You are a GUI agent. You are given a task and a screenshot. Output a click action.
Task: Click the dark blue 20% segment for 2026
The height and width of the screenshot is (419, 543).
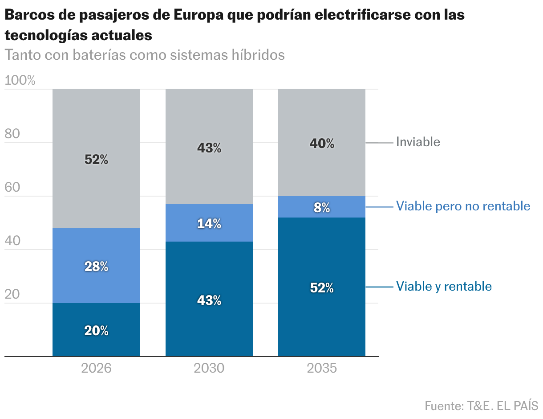pos(96,330)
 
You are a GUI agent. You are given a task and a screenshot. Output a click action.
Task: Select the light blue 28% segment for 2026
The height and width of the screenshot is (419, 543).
pos(96,266)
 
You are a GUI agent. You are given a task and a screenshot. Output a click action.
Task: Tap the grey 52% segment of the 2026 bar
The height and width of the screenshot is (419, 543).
pos(96,159)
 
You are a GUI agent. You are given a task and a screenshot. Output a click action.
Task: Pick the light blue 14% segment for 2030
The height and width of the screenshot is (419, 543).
pos(209,223)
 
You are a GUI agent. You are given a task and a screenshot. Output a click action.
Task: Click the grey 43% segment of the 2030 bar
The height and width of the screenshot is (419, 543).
pos(209,147)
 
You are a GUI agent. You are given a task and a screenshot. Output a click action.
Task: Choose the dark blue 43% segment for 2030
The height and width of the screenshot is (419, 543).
pos(209,300)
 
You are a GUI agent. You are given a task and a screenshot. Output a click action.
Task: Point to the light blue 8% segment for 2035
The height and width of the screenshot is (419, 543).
pos(322,207)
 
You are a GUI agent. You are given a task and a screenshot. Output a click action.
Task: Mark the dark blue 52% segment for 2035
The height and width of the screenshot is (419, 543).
pos(322,287)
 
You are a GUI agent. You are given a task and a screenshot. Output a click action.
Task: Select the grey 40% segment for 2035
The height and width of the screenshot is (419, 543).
pos(322,143)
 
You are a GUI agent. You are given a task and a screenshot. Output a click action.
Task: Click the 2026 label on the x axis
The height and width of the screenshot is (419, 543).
pos(96,369)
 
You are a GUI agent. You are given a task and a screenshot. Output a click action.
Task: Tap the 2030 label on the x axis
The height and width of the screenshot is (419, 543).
pos(209,369)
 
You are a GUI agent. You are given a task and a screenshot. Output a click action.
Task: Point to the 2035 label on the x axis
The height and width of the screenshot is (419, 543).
pos(322,369)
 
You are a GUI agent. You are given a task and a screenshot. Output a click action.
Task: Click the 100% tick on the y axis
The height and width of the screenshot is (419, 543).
pos(20,81)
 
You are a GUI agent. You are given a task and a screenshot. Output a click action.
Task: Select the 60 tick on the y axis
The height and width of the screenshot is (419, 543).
pos(12,188)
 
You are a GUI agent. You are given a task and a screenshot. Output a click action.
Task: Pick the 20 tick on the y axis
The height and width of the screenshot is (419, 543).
pos(12,295)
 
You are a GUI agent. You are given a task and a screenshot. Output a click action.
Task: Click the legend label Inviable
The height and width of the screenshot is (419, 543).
pos(418,142)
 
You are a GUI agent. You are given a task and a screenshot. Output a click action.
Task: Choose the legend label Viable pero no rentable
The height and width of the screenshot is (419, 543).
pos(463,206)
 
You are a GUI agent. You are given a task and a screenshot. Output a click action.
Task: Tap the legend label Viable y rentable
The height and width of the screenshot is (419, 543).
pos(444,286)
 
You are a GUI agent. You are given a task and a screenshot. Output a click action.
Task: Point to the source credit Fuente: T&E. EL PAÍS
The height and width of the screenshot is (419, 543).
pos(481,406)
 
